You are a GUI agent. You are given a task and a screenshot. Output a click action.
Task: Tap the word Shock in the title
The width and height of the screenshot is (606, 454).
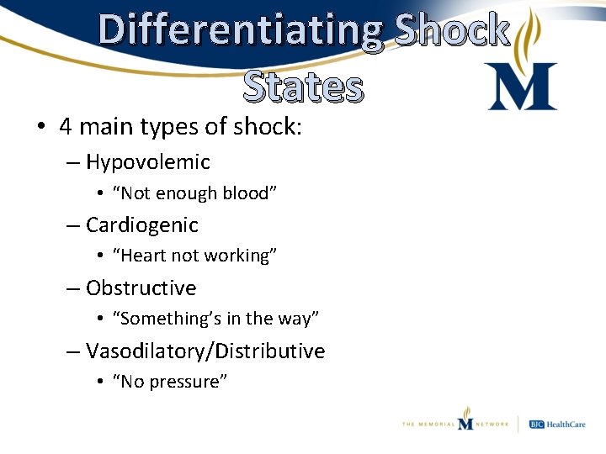coord(452,30)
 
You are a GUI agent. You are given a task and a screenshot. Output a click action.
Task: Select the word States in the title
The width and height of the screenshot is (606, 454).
coord(303,87)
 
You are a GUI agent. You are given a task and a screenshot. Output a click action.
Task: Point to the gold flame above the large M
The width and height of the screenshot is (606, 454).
coord(531,34)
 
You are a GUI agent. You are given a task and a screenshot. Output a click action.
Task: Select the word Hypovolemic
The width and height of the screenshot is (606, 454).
coord(148,161)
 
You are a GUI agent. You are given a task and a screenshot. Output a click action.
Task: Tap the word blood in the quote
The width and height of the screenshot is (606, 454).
coord(247,193)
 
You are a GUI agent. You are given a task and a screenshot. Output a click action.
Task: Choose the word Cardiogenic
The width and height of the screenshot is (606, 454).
coord(142,224)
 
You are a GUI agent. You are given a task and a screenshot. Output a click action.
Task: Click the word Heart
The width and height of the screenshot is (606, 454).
coord(146,256)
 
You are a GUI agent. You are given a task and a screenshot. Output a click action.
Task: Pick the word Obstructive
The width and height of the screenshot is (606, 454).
coord(141,288)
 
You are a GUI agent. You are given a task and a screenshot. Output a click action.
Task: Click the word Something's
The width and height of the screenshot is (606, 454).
coord(164,319)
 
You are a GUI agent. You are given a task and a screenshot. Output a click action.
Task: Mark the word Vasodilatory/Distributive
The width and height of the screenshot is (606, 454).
coord(205,351)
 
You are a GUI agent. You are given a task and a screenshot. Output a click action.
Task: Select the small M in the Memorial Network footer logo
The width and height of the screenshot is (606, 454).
coord(465,420)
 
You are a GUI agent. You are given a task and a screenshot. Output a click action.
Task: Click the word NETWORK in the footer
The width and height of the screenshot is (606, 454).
coord(492,425)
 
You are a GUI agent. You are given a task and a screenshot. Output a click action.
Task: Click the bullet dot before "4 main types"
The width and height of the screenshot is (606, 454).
coord(40,127)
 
